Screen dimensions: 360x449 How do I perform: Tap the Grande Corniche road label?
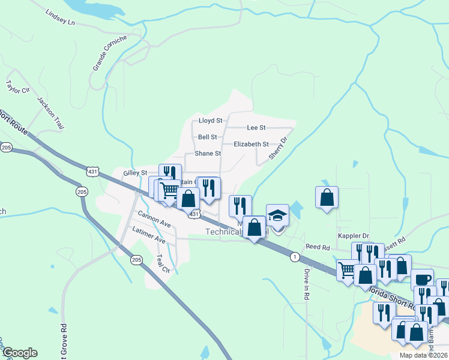click(x=110, y=53)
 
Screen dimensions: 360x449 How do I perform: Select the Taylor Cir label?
click(x=17, y=86)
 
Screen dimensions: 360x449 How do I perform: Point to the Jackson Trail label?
click(x=50, y=113)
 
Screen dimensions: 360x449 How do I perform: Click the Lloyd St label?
click(x=210, y=121)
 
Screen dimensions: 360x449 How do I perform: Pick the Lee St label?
click(x=256, y=128)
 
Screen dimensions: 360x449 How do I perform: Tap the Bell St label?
click(x=207, y=137)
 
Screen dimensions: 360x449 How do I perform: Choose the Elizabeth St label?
click(x=251, y=144)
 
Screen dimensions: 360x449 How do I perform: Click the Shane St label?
click(x=208, y=154)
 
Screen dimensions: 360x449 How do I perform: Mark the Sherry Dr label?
click(x=279, y=147)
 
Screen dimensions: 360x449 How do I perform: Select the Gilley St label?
click(x=134, y=173)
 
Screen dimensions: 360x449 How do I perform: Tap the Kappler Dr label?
click(x=353, y=236)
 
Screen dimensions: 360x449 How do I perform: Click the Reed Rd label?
click(x=318, y=247)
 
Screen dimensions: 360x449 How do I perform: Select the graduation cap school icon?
click(x=277, y=215)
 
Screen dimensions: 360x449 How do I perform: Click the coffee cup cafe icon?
click(x=422, y=279)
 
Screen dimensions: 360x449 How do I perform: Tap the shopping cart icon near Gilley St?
click(x=170, y=190)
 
